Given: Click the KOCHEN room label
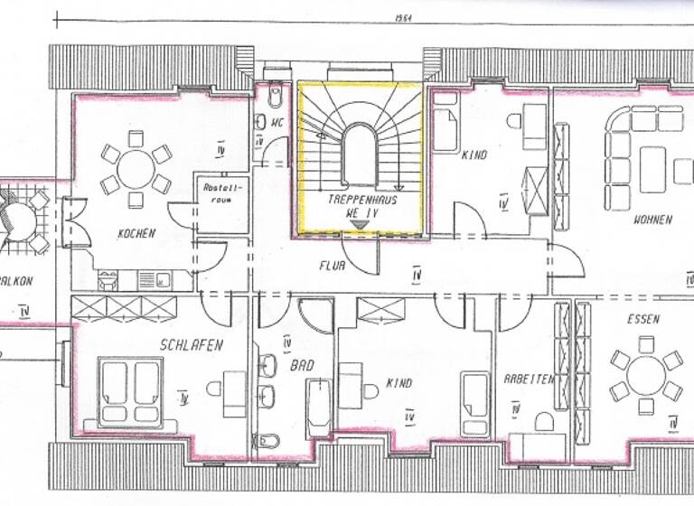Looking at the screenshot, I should pos(136,233).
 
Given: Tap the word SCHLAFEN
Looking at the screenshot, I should pos(191,344).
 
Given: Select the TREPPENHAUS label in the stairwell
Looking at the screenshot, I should pos(361,197).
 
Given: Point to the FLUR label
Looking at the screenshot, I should pos(332,266).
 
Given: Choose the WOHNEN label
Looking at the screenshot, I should pos(652,220).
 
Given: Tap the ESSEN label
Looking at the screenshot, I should pos(642,319).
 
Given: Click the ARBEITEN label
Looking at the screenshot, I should pos(529,380).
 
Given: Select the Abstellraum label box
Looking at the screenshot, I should pos(220,192).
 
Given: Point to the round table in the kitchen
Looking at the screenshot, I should pos(136,168).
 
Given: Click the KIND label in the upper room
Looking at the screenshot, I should pos(474,155).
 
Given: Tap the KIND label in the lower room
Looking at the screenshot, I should pos(398,383).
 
